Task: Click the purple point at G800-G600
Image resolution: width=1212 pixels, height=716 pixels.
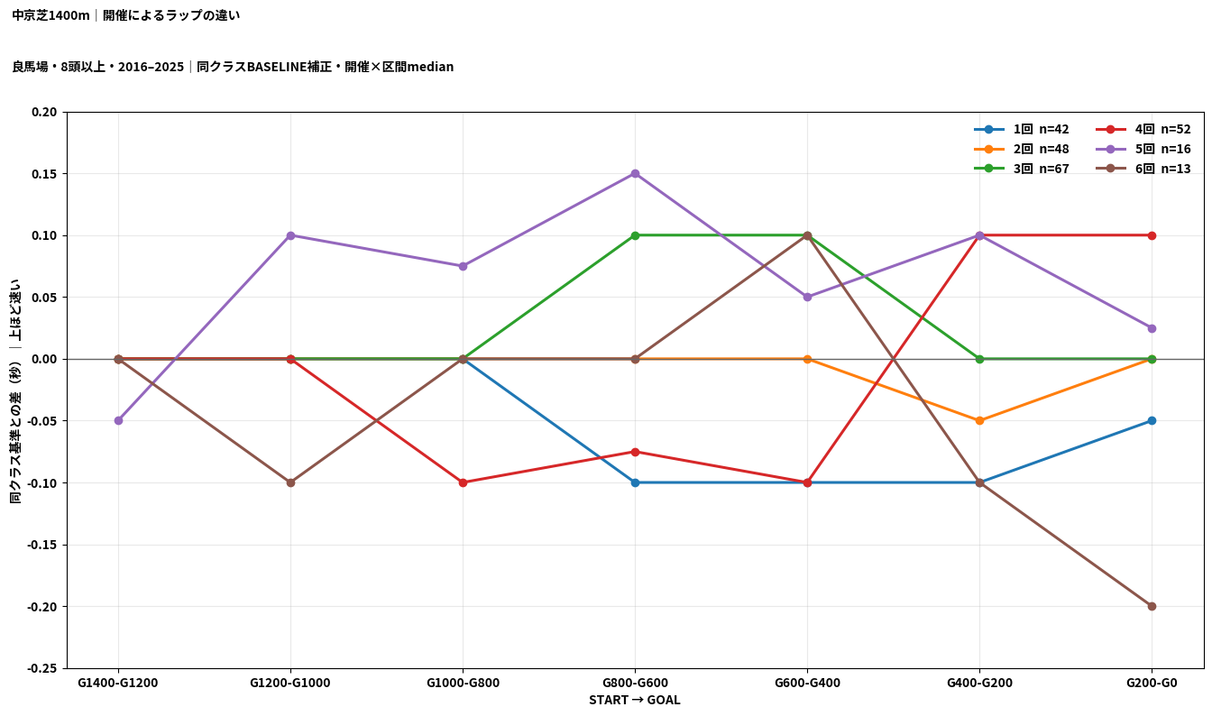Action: tap(635, 174)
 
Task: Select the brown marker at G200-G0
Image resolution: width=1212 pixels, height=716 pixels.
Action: tap(1152, 606)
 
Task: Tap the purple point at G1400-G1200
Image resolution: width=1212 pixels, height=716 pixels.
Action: tap(118, 420)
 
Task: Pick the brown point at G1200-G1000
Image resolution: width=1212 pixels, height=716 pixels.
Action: tap(290, 482)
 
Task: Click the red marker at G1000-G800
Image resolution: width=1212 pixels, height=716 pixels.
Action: tap(463, 482)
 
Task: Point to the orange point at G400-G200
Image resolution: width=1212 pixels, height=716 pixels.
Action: tap(979, 420)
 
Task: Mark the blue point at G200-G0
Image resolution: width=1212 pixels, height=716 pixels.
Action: tap(1152, 420)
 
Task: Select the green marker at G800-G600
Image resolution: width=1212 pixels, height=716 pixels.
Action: tap(635, 235)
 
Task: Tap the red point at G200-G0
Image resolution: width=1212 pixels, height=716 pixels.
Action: tap(1152, 235)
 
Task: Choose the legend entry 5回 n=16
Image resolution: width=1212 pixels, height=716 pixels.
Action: tap(1143, 149)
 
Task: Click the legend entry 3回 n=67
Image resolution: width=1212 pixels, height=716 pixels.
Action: tap(1022, 169)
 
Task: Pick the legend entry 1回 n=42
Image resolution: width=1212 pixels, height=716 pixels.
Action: tap(1022, 129)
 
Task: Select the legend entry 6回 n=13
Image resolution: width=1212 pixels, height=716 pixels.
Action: tap(1143, 169)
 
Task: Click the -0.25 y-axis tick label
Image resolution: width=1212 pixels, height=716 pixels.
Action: tap(42, 668)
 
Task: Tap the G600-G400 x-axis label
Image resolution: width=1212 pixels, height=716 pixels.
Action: tap(807, 683)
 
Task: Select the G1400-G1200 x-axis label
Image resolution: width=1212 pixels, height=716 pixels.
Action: tap(118, 683)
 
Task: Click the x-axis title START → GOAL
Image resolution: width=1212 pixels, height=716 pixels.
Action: tap(635, 701)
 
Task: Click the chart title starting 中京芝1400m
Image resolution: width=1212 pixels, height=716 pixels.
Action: tap(126, 15)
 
